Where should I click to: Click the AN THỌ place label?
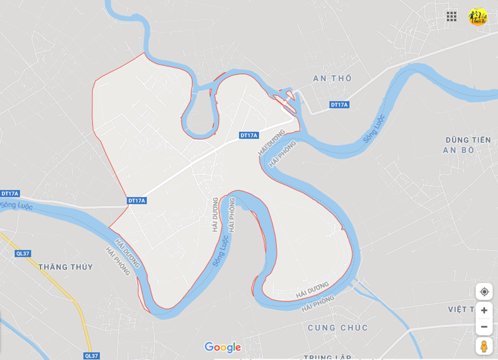pyautogui.click(x=333, y=78)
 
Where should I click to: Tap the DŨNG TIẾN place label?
pyautogui.click(x=468, y=140)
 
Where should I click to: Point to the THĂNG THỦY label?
pyautogui.click(x=65, y=267)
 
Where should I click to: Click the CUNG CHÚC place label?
pyautogui.click(x=338, y=327)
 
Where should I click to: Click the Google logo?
pyautogui.click(x=223, y=348)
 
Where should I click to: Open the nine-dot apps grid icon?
pyautogui.click(x=451, y=17)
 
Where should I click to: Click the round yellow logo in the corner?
pyautogui.click(x=478, y=17)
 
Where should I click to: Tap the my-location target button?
pyautogui.click(x=484, y=292)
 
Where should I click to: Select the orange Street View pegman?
pyautogui.click(x=484, y=346)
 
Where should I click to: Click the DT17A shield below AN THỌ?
pyautogui.click(x=339, y=105)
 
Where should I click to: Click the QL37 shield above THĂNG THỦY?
pyautogui.click(x=23, y=254)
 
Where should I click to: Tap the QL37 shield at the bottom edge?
pyautogui.click(x=91, y=356)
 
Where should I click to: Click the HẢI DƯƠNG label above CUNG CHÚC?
pyautogui.click(x=312, y=290)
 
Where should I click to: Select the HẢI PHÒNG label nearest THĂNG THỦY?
pyautogui.click(x=117, y=262)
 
